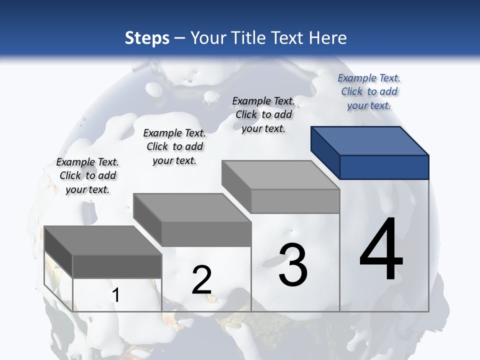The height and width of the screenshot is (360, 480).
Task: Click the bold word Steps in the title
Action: [x=147, y=38]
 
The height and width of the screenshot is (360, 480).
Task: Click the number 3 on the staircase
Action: [x=293, y=264]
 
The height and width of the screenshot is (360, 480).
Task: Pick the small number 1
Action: [x=116, y=295]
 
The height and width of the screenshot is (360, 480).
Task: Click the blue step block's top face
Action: [x=370, y=140]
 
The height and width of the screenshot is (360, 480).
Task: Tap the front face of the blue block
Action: [x=384, y=167]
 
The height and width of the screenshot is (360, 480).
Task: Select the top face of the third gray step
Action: [x=280, y=175]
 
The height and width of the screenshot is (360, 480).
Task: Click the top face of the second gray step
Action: [x=192, y=208]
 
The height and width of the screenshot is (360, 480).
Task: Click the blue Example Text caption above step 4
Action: [x=369, y=91]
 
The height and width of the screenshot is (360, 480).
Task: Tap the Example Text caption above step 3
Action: [x=263, y=114]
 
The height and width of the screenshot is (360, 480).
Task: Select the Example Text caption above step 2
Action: [x=174, y=146]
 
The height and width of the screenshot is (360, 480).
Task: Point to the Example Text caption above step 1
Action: [x=87, y=175]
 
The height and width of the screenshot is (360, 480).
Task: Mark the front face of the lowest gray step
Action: [x=117, y=266]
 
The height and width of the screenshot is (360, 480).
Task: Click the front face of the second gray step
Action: [x=206, y=234]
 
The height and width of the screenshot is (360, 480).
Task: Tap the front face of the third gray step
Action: [x=295, y=201]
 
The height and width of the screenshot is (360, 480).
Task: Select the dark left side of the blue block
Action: [x=325, y=152]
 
